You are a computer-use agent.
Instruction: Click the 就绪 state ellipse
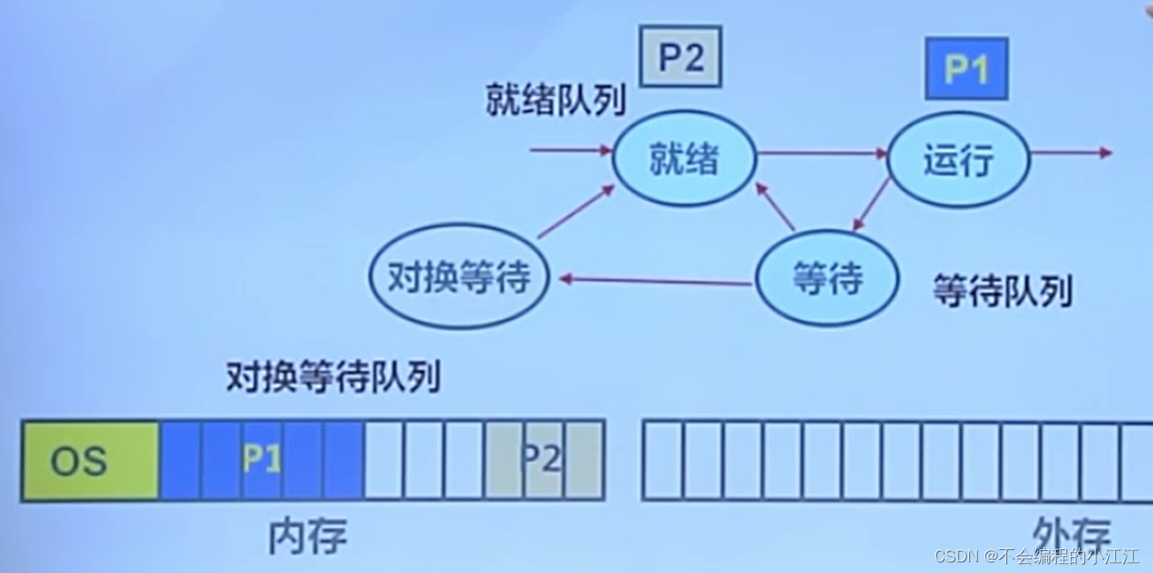pos(685,159)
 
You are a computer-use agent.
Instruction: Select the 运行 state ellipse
pos(959,160)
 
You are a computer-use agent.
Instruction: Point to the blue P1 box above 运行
pos(966,68)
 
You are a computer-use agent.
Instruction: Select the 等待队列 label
pos(1003,290)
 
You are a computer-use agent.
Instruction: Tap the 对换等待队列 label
pos(332,377)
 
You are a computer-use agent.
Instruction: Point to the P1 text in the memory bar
pos(262,460)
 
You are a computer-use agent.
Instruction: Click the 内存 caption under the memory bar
pos(307,535)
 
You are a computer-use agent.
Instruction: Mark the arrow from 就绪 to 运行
pos(822,153)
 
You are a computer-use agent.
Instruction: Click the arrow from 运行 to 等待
pos(871,204)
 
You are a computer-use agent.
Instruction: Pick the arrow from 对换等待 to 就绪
pos(576,212)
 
